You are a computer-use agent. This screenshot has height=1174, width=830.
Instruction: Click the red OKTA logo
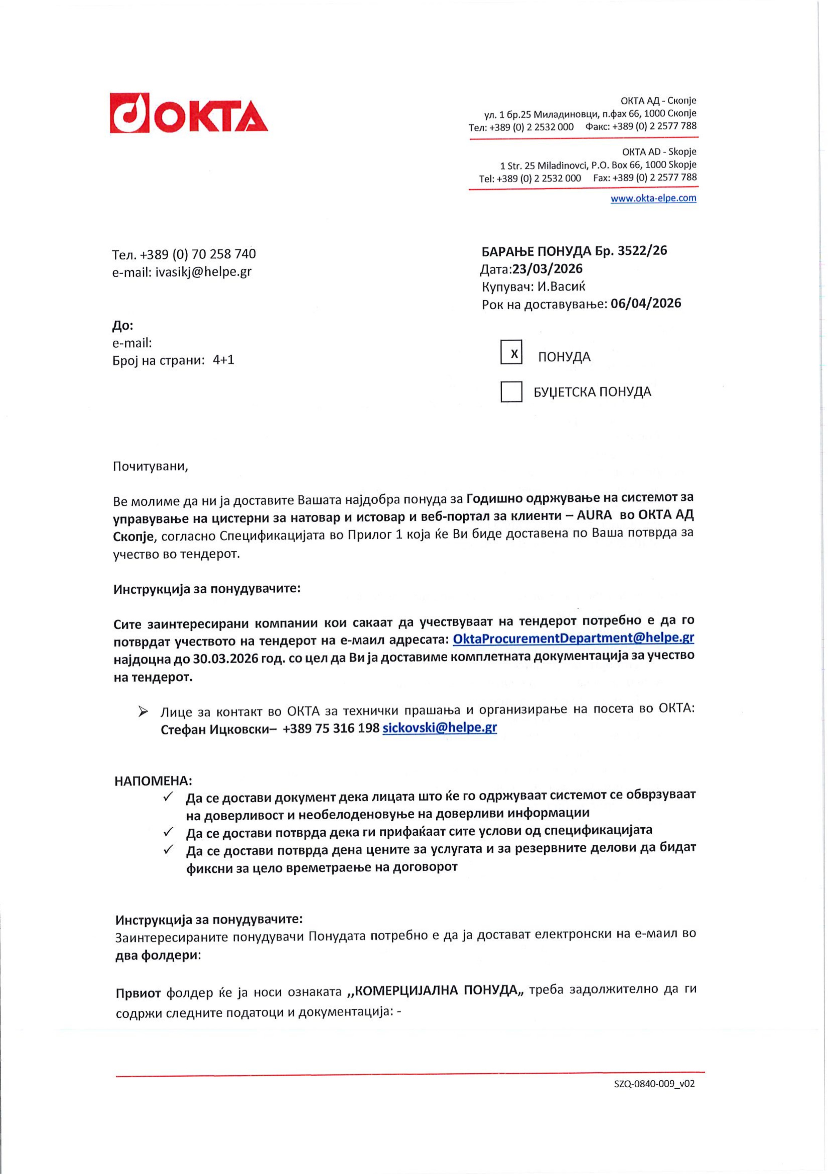tap(189, 113)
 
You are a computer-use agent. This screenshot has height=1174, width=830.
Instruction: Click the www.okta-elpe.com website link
tap(653, 198)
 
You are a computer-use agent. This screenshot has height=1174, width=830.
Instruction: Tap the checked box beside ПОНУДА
tap(511, 352)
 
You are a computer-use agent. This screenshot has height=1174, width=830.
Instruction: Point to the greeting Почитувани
tap(150, 466)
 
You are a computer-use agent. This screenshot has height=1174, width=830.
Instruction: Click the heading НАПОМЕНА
tap(153, 781)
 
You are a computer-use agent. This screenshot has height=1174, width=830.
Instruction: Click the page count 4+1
tap(224, 360)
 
